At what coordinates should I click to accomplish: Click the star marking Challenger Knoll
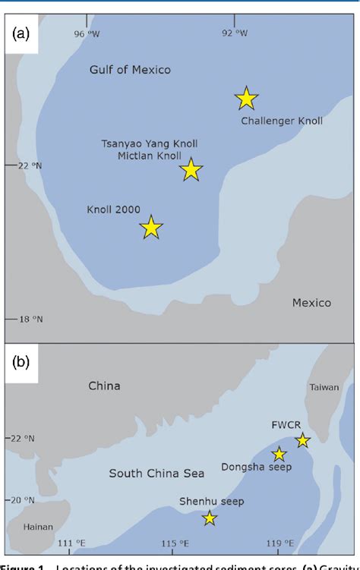(247, 99)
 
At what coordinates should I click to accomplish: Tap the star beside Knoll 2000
(152, 227)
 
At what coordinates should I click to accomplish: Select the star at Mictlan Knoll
(191, 170)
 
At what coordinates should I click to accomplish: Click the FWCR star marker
(303, 440)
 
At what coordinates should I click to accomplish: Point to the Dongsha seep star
(279, 454)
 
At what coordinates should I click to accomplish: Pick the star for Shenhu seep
(210, 518)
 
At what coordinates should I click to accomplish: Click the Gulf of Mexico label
(130, 70)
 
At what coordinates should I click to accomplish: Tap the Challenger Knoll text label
(282, 121)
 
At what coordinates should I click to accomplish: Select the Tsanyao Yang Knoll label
(150, 143)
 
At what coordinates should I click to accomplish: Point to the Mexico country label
(311, 303)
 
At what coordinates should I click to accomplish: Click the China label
(104, 386)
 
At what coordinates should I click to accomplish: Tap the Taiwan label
(324, 387)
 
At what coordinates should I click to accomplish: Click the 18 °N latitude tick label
(30, 320)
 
